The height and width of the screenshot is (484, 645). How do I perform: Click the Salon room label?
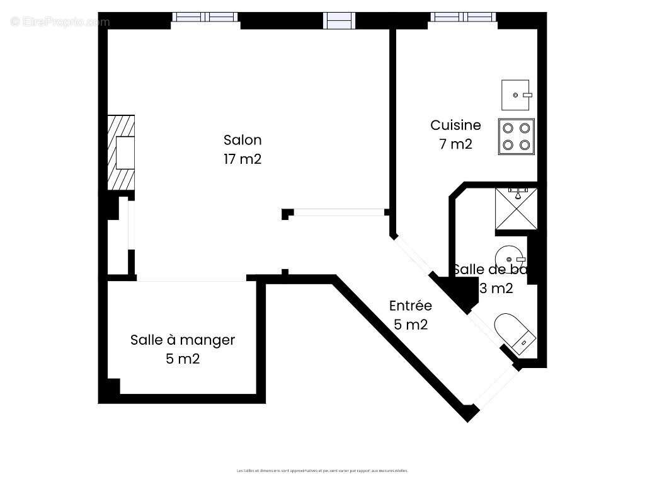[x=243, y=140]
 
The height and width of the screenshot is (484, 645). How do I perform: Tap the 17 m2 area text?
[x=243, y=159]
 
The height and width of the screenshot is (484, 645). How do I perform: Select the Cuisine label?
[x=455, y=125]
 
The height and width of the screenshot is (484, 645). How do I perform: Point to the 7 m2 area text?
[x=455, y=144]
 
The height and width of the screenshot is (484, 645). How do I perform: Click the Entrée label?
[x=411, y=306]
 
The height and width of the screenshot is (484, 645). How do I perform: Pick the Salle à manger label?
[x=183, y=340]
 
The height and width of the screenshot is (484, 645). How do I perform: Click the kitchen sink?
[x=516, y=95]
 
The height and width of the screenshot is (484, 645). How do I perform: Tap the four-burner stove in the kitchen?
[x=517, y=137]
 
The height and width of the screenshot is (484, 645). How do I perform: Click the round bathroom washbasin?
[x=509, y=258]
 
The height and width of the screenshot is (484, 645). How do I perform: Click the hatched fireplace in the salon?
[x=121, y=153]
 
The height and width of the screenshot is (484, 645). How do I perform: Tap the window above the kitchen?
[x=462, y=17]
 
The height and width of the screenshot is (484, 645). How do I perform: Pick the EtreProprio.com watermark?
[x=60, y=22]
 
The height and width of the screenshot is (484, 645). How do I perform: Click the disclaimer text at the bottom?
[x=322, y=470]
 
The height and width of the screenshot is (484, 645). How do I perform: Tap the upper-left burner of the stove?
[x=508, y=128]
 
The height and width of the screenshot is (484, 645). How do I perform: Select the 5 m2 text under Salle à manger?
[x=183, y=359]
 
